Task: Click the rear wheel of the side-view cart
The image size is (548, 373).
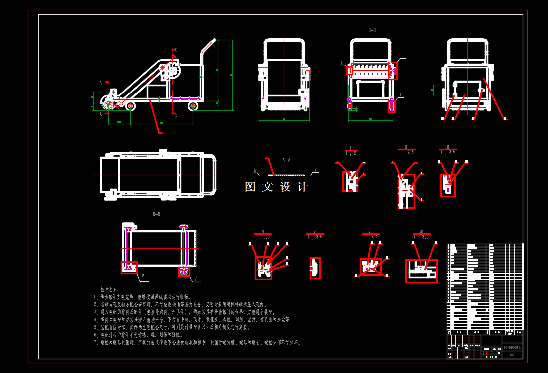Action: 193,106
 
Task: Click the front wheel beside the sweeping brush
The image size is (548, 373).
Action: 130,106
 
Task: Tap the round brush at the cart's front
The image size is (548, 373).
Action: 108,104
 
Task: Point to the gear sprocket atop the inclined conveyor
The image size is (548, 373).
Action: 172,71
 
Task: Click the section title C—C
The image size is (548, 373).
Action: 372,31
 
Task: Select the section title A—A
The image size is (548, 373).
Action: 286,160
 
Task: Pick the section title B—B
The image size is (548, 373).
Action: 156,214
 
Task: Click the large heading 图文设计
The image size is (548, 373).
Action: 277,187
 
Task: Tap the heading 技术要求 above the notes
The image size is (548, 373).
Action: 109,289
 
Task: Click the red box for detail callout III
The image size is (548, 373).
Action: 392,106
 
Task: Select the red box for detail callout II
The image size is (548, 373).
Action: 393,71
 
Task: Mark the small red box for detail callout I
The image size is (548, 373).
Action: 350,71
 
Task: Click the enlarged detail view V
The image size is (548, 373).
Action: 315,268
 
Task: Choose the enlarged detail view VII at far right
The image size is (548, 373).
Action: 421,271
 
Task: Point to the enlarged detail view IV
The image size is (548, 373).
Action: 263,268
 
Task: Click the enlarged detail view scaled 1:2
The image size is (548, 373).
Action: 350,181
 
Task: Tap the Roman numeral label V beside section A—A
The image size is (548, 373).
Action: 315,170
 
